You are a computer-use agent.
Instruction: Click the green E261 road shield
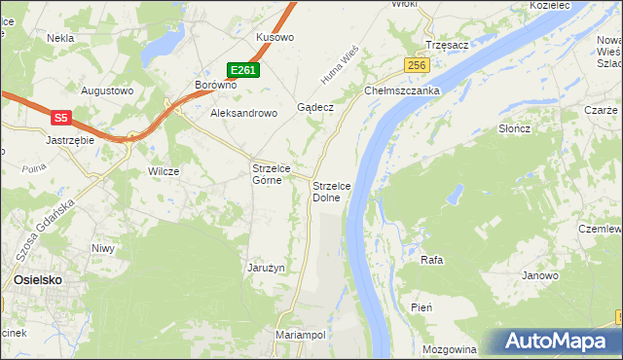pos(243,70)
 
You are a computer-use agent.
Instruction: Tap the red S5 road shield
pos(61,118)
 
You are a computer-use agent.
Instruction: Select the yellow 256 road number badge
pos(418,65)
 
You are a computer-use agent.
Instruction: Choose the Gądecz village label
pos(316,108)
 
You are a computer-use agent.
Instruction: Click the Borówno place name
pos(216,85)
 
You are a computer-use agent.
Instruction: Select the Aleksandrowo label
pos(244,113)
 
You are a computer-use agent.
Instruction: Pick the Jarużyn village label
pos(266,268)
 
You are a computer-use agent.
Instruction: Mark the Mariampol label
pos(300,334)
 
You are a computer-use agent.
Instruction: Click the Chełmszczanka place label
pos(403,90)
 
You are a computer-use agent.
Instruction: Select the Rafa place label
pos(432,260)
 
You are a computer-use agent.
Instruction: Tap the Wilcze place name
pos(164,171)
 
